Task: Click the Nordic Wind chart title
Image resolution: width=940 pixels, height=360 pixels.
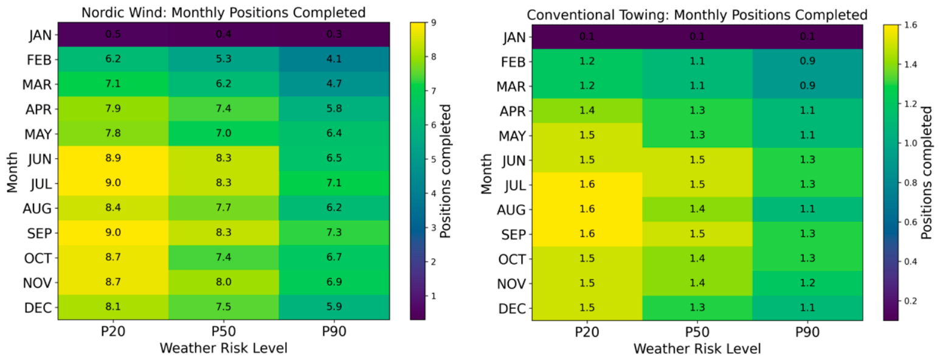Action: coord(223,13)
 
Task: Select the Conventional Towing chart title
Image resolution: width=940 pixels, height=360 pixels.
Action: coord(697,15)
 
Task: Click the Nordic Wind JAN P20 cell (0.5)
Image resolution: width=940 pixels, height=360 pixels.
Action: coord(113,35)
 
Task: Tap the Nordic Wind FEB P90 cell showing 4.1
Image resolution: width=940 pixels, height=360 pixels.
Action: coord(334,59)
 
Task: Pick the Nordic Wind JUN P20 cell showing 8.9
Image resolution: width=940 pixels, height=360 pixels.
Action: coord(113,158)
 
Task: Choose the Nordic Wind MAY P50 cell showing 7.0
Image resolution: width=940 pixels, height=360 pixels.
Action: coord(223,133)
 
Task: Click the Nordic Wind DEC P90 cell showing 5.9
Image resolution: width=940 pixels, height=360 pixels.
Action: coord(334,307)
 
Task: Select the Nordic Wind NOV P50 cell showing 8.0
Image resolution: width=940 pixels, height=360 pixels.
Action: coord(223,282)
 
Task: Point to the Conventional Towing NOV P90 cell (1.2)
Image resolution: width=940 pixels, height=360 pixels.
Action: coord(807,283)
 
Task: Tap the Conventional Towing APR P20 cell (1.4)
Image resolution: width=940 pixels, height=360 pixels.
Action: coord(587,110)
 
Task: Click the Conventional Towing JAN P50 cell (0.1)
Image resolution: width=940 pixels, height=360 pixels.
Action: coord(697,36)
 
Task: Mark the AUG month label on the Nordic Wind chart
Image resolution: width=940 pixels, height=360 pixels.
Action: coord(37,209)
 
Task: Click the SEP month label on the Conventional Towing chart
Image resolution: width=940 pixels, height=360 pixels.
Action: coord(513,235)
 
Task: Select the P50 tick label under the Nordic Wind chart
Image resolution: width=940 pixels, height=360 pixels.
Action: coord(223,331)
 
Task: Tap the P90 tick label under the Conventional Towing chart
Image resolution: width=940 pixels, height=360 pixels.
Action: coord(807,332)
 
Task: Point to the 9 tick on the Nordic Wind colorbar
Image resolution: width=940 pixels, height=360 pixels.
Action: coord(434,22)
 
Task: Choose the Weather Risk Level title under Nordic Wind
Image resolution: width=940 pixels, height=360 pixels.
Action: coord(223,348)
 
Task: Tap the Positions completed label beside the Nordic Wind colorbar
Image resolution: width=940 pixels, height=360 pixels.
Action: coord(445,171)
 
